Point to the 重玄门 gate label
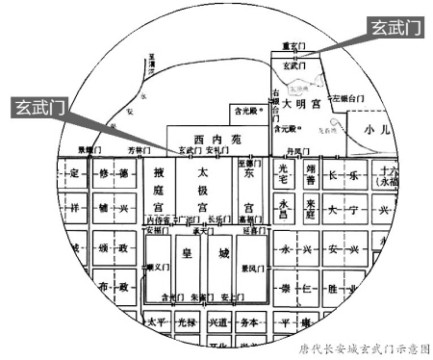coord(293,45)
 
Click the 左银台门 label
coord(351,97)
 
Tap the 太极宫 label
coord(203,190)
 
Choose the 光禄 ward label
coord(190,322)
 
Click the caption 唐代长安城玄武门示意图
coord(363,349)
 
